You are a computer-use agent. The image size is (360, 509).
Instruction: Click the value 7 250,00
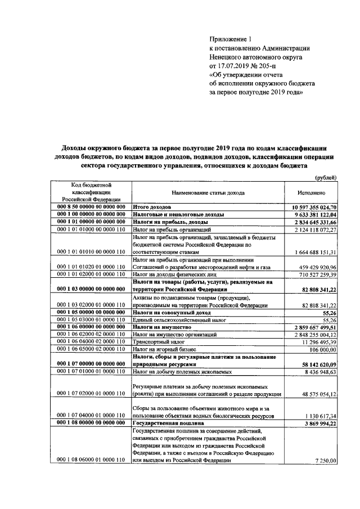click(x=325, y=461)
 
